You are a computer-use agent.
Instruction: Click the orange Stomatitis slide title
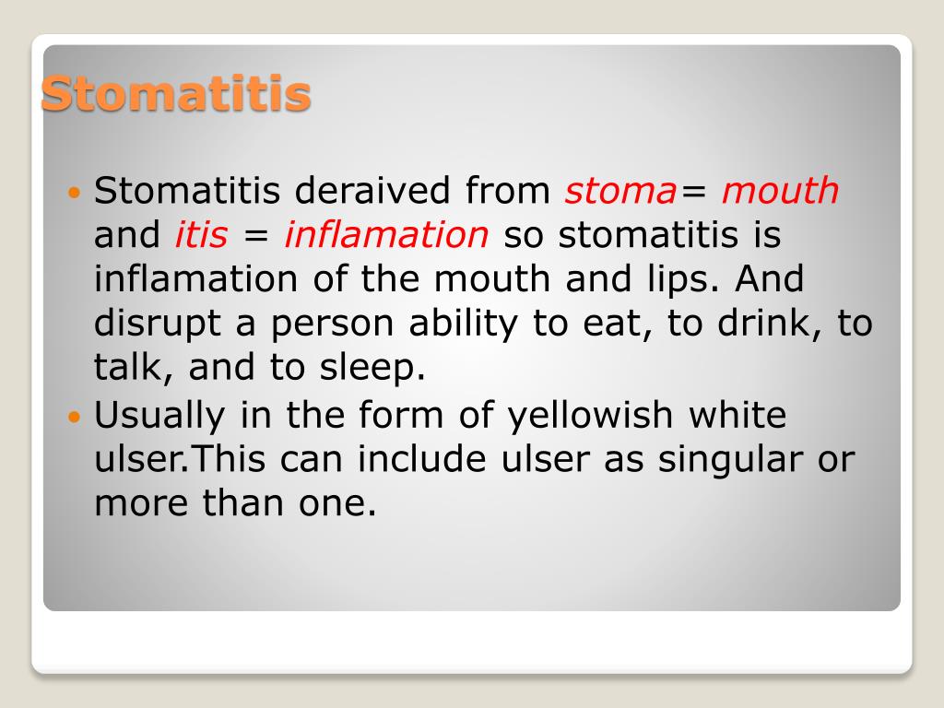[176, 95]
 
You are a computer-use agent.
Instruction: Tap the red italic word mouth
[780, 192]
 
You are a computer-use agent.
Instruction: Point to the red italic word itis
[200, 236]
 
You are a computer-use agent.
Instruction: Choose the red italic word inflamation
[385, 236]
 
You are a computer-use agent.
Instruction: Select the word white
[737, 416]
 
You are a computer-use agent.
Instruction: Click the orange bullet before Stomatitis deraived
[76, 193]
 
